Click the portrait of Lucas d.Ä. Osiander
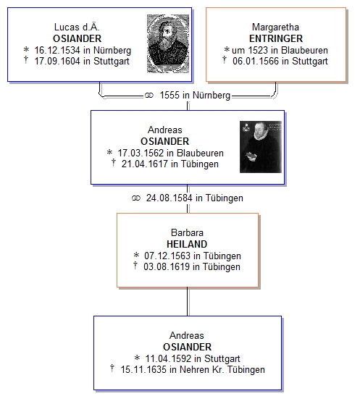(168, 43)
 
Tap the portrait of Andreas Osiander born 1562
(261, 146)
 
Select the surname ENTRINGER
(276, 38)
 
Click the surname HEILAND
(187, 244)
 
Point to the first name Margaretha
(275, 27)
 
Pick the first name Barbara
(187, 232)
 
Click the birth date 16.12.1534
(57, 50)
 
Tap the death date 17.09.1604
(57, 62)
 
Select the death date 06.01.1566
(256, 62)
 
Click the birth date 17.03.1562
(141, 153)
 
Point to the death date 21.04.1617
(145, 164)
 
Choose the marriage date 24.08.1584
(169, 198)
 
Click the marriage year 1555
(169, 95)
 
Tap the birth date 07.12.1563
(167, 256)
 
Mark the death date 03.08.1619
(167, 266)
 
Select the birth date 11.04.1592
(168, 358)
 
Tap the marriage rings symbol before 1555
(149, 96)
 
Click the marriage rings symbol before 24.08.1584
(135, 198)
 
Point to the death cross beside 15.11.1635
(112, 368)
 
